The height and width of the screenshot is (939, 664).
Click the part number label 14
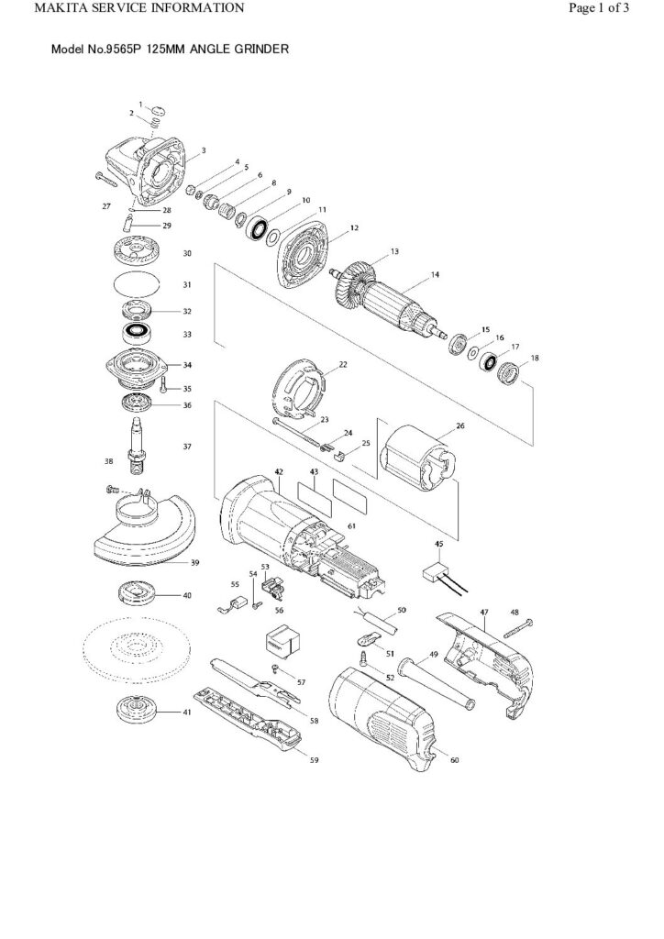coord(436,274)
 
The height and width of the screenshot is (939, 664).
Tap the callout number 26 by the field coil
coord(459,425)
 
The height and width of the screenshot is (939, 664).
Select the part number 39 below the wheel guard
coord(195,562)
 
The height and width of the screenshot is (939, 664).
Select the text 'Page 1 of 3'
coord(599,9)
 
